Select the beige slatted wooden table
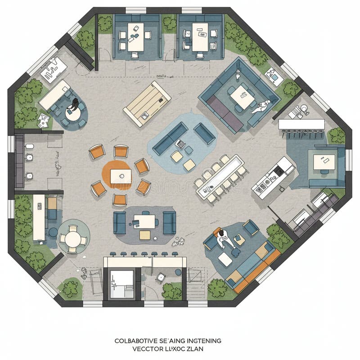coord(147,103)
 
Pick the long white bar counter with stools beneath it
coord(301,124)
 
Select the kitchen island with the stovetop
coord(273,176)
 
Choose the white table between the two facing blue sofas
coord(144,221)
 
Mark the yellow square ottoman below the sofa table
coord(145,234)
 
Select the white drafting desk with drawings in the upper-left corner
coord(54,68)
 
